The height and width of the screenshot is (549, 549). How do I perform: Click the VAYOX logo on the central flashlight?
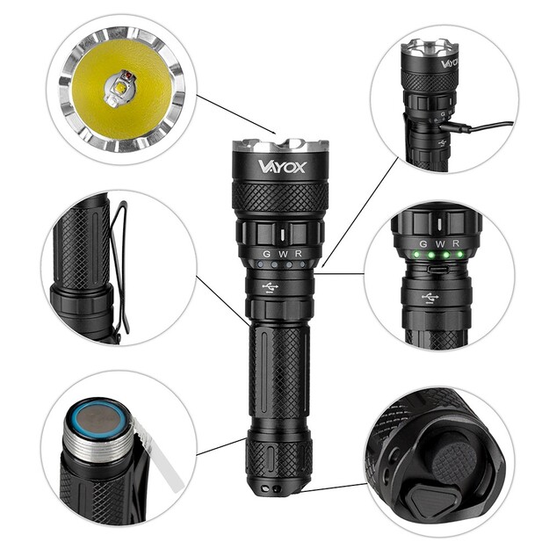point(281,166)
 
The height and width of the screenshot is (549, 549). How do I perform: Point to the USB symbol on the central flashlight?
point(271,286)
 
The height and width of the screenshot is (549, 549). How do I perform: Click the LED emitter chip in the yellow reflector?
point(119,87)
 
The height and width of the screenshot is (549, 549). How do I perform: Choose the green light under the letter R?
point(459,256)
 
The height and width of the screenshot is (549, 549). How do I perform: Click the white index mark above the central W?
point(280,237)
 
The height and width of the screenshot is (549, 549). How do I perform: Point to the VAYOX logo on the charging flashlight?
point(448,62)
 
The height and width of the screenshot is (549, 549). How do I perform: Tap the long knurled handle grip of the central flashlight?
point(279,369)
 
